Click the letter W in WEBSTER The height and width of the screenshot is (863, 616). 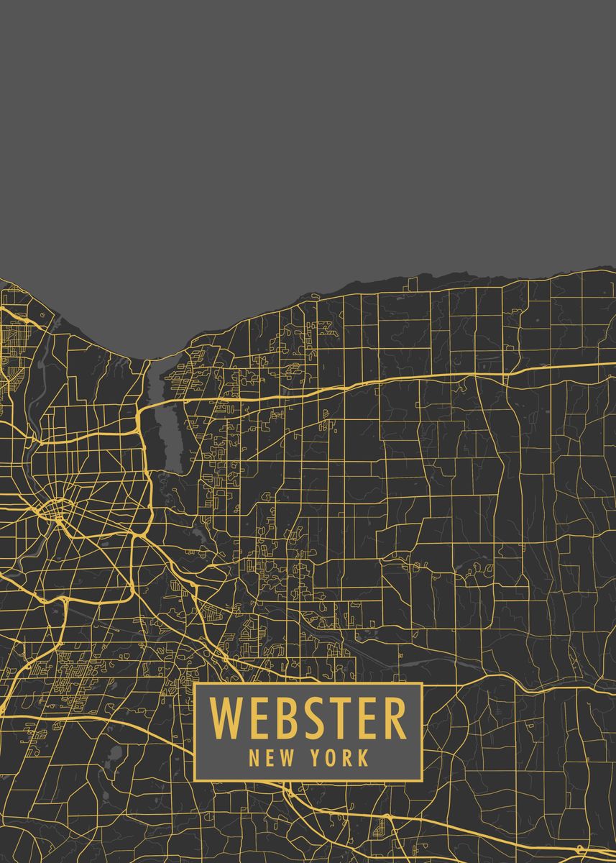(x=224, y=718)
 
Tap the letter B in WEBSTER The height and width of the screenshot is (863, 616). (x=280, y=718)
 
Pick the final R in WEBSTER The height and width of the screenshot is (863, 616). (x=392, y=718)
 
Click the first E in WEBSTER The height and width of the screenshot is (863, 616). (x=254, y=718)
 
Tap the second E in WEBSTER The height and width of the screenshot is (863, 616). (x=364, y=718)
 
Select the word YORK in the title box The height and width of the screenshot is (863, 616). (x=341, y=757)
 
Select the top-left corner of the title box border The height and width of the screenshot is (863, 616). (x=195, y=683)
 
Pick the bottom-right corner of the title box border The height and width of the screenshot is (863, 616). (x=421, y=780)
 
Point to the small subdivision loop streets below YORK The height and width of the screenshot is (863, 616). (x=379, y=831)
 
